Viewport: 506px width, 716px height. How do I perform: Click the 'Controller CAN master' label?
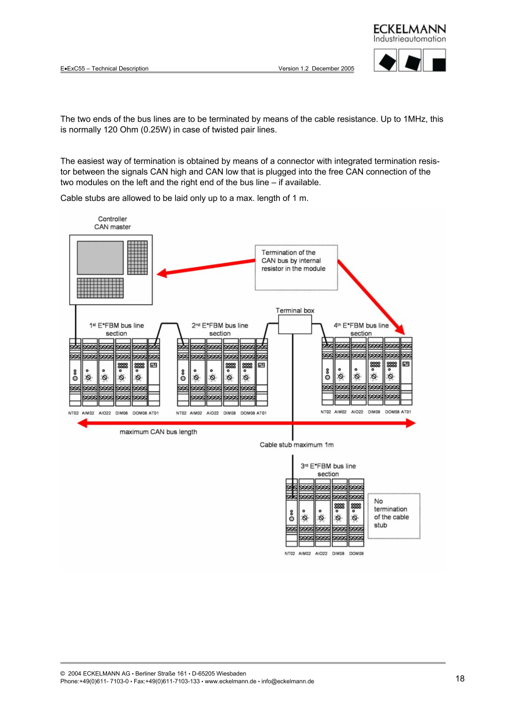tap(113, 223)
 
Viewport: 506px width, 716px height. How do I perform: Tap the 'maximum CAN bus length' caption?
tap(158, 432)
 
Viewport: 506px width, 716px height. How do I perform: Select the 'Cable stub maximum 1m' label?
tap(297, 445)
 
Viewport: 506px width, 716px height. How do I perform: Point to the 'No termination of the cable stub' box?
tap(394, 516)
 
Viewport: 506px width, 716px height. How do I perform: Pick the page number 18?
tap(460, 678)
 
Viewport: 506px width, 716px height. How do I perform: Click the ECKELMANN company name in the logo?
tap(409, 29)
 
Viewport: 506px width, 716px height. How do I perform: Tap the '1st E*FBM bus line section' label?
tap(116, 329)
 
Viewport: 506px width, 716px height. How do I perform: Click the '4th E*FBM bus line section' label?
tap(361, 329)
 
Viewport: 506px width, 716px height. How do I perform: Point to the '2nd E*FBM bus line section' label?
tap(220, 329)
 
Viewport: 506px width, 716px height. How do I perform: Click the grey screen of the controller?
tap(100, 257)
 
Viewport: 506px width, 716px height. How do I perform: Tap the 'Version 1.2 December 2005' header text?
tap(316, 69)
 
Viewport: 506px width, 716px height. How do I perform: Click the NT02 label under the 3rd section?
tap(290, 554)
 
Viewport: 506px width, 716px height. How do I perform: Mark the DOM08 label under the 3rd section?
tap(357, 554)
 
